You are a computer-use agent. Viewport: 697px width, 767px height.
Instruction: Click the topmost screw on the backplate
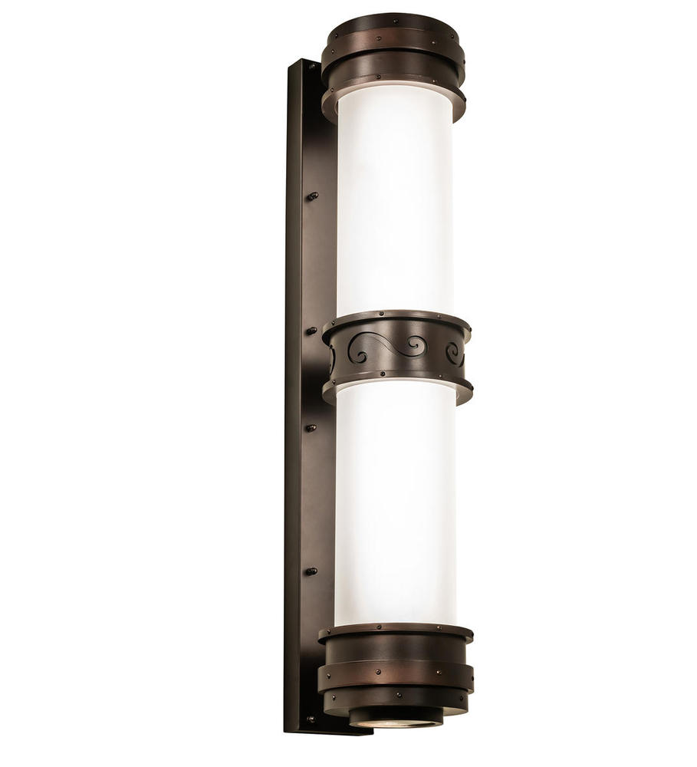(x=311, y=68)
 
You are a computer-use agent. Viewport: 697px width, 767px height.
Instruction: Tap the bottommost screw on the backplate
(x=310, y=719)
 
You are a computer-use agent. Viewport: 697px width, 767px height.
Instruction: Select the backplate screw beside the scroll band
(x=312, y=331)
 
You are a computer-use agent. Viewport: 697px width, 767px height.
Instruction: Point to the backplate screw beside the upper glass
(x=312, y=196)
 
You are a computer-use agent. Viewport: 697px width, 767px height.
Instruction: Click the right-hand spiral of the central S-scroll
(x=414, y=347)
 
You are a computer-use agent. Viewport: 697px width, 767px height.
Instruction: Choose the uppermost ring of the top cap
(x=393, y=23)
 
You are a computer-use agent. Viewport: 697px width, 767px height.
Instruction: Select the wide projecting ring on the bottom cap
(x=396, y=675)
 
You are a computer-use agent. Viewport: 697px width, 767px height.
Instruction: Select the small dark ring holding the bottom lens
(x=396, y=716)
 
